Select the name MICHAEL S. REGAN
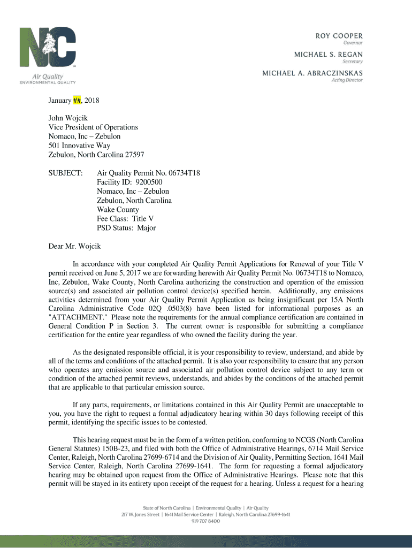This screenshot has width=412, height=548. pos(328,54)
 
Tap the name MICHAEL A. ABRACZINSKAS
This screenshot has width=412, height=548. pos(312,73)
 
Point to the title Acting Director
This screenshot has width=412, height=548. pos(347,80)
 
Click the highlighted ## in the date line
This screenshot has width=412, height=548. pos(77,101)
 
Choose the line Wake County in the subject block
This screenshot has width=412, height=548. pos(118,210)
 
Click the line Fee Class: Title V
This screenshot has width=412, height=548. pos(125,219)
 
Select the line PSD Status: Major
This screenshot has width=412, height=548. pos(126,228)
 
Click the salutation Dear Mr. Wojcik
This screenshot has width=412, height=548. pos(74,247)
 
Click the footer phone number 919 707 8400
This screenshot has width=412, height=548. pos(206,521)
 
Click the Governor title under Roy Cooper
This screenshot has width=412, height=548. pos(353,43)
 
